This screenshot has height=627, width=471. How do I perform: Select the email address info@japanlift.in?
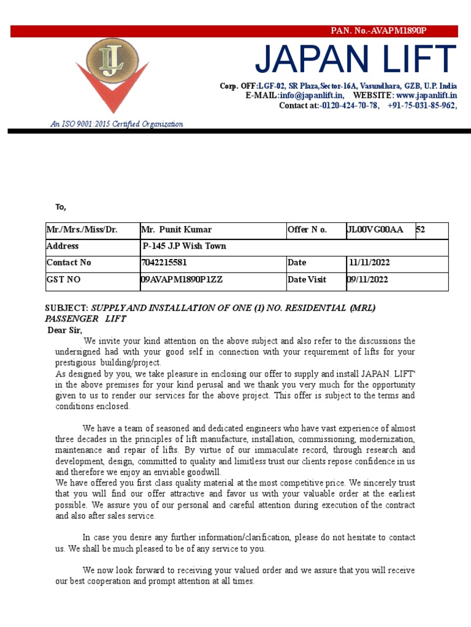(x=312, y=96)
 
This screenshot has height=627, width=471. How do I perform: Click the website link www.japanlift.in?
(x=426, y=96)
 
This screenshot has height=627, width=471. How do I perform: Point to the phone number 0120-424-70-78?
(x=350, y=105)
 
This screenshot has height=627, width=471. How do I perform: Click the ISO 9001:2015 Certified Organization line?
(x=117, y=124)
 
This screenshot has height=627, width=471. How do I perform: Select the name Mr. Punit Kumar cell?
(x=177, y=230)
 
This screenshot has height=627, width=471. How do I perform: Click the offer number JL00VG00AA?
(x=375, y=230)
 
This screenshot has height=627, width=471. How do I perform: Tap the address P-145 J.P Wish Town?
(x=184, y=246)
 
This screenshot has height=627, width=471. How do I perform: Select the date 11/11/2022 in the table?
(x=369, y=263)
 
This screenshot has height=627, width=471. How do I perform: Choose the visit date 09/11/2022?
(x=367, y=279)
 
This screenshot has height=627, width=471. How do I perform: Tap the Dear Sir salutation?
(x=64, y=331)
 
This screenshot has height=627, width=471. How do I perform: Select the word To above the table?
(x=61, y=207)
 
